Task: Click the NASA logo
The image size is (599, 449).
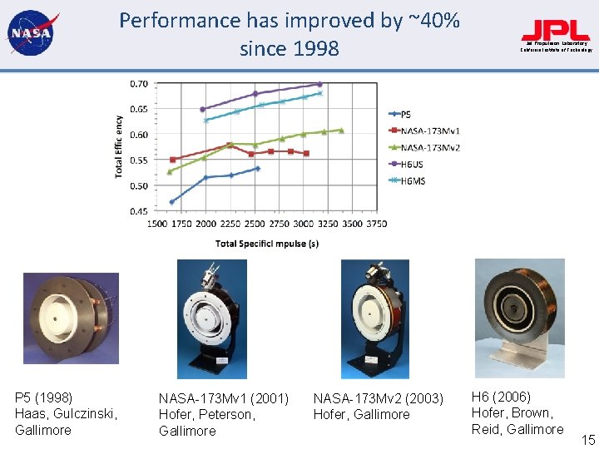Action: pyautogui.click(x=31, y=34)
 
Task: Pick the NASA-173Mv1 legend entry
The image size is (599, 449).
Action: pyautogui.click(x=424, y=131)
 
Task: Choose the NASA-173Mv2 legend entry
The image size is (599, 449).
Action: pyautogui.click(x=424, y=147)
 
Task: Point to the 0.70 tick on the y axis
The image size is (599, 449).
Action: pyautogui.click(x=139, y=84)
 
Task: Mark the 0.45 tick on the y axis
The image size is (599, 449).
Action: pyautogui.click(x=139, y=211)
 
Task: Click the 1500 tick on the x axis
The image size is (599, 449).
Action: pyautogui.click(x=159, y=224)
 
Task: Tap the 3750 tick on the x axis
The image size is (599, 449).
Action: pyautogui.click(x=376, y=224)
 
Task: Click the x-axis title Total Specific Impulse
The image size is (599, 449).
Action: pyautogui.click(x=267, y=244)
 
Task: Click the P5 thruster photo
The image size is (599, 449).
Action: pyautogui.click(x=71, y=318)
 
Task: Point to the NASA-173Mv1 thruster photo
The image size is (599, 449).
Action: pyautogui.click(x=211, y=318)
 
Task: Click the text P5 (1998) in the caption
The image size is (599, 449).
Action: pyautogui.click(x=44, y=397)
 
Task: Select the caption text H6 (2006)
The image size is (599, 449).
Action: pyautogui.click(x=501, y=397)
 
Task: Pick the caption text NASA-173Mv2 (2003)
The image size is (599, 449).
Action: pyautogui.click(x=379, y=398)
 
